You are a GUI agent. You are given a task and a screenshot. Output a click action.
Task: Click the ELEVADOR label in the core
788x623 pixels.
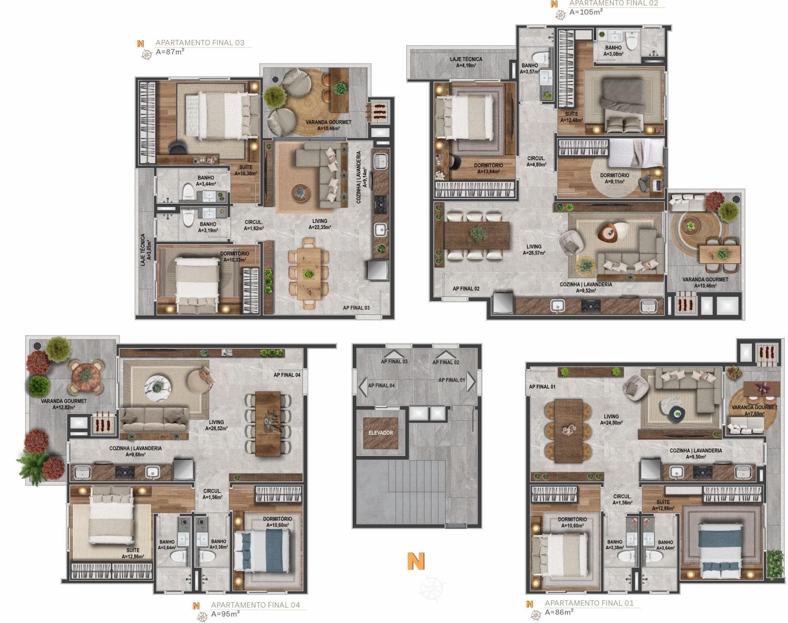tap(381, 433)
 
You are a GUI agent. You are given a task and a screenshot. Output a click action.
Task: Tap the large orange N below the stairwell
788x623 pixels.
tap(416, 561)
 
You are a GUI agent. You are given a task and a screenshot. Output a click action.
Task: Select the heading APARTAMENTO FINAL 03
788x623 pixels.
tap(199, 43)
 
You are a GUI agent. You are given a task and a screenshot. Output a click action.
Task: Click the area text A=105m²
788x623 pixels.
tap(586, 12)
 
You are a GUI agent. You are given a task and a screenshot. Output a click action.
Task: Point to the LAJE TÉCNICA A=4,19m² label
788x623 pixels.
tap(465, 62)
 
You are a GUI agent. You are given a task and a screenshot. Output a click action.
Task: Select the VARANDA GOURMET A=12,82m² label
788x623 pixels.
tap(64, 404)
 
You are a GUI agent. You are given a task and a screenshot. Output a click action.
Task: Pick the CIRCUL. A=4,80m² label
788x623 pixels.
tap(536, 162)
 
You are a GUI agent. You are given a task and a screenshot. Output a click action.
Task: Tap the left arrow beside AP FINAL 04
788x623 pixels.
tap(362, 386)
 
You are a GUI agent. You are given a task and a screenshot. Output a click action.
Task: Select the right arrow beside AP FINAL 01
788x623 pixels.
tap(471, 381)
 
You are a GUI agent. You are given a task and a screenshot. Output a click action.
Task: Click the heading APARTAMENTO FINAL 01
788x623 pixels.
tap(589, 603)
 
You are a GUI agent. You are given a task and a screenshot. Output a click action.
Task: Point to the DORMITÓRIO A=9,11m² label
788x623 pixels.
tap(614, 178)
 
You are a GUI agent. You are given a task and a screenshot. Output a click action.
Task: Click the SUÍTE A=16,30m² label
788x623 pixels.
tap(245, 170)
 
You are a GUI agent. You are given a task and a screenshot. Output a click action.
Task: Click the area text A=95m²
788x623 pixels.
tap(225, 614)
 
